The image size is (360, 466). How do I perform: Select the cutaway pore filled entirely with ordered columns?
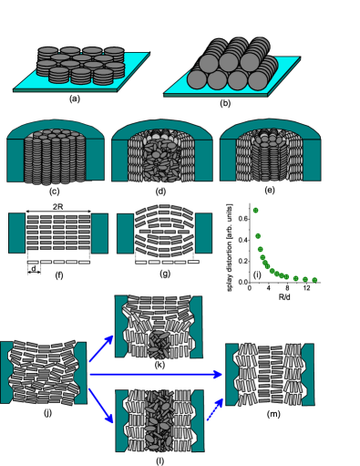(x=55, y=153)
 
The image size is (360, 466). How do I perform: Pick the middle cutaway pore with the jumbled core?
(x=162, y=153)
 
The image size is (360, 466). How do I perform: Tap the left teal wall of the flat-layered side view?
(x=16, y=233)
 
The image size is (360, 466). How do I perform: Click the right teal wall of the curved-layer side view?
(x=203, y=233)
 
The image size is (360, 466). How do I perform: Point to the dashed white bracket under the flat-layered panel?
(x=58, y=261)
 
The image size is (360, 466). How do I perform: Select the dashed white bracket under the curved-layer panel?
(x=166, y=261)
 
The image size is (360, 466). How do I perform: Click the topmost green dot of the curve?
(x=255, y=211)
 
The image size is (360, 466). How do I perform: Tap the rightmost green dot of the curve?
(x=314, y=280)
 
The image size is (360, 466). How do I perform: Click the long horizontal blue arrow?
(x=155, y=374)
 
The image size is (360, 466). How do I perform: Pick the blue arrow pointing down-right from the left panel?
(x=101, y=405)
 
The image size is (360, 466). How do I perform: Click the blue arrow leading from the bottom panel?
(x=215, y=408)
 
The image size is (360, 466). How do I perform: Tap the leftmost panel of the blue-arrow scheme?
(x=43, y=373)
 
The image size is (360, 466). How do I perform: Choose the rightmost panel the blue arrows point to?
(x=270, y=374)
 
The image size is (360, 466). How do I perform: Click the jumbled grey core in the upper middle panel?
(x=159, y=344)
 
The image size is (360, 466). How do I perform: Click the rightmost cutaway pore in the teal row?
(x=270, y=153)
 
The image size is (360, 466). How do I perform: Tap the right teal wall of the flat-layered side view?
(x=98, y=233)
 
